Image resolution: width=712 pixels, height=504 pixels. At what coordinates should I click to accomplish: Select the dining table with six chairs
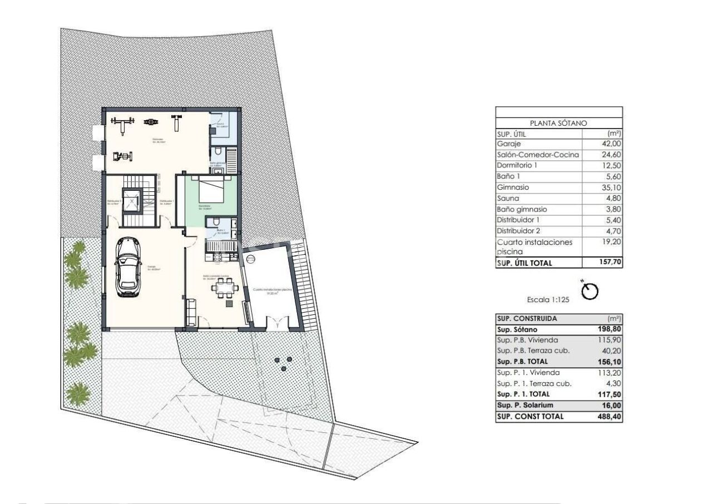(x=226, y=289)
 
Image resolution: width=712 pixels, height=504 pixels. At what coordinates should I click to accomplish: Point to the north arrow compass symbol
(x=591, y=290)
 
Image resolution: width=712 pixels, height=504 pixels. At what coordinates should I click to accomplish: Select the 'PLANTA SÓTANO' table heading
(x=558, y=123)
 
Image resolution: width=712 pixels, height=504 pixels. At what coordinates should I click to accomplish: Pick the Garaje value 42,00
(x=610, y=144)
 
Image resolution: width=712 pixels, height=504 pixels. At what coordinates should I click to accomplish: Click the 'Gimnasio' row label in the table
(x=512, y=187)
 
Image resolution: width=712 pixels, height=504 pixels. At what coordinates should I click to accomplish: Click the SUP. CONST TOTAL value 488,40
(x=609, y=416)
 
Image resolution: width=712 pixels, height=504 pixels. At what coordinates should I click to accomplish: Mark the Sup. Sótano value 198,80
(x=609, y=329)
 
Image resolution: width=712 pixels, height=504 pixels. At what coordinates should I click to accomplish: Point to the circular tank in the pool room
(x=250, y=259)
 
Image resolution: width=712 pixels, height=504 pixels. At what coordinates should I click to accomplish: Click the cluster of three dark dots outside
(x=283, y=364)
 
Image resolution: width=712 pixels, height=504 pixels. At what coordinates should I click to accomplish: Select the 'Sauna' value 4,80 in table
(x=611, y=198)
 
